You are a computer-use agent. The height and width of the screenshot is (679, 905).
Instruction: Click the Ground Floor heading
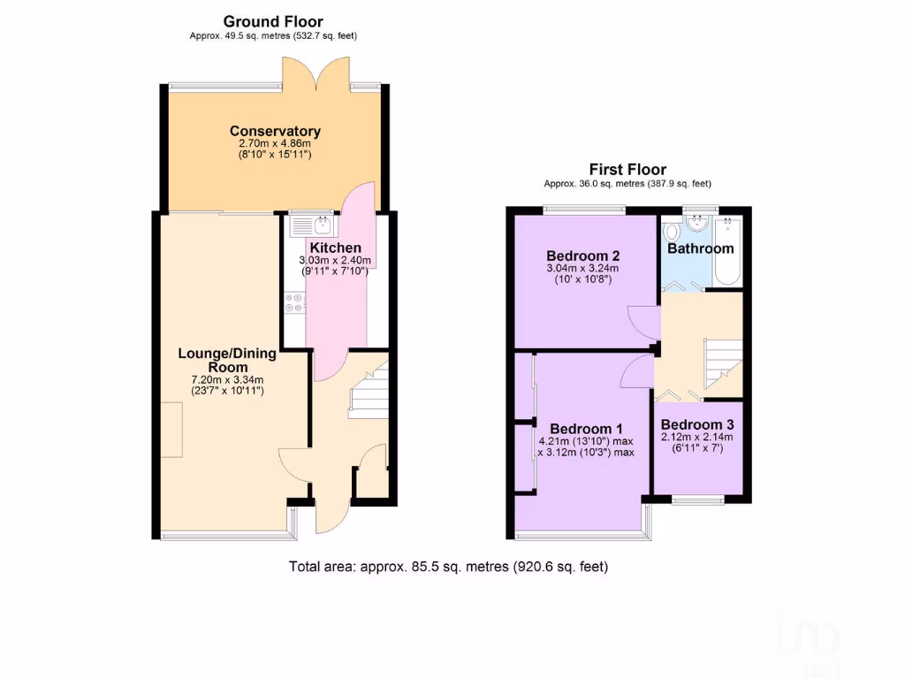(273, 21)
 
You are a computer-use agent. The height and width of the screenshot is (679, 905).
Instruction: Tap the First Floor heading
(627, 170)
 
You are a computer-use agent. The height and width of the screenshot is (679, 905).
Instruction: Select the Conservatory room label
(275, 131)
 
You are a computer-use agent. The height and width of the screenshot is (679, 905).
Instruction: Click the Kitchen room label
(335, 248)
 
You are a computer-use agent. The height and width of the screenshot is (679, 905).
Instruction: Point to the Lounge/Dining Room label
(227, 360)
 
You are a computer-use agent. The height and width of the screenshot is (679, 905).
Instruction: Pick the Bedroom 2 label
(583, 256)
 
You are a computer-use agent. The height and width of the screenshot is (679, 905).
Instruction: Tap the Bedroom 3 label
(697, 423)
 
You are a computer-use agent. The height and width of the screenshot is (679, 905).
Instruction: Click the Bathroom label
(700, 248)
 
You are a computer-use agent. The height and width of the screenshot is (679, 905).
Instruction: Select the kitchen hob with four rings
(294, 303)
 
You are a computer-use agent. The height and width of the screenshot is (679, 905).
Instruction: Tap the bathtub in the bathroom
(729, 251)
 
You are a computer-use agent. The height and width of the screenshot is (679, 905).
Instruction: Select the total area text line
(448, 567)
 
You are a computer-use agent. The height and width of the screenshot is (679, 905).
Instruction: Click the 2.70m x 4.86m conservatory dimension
(275, 143)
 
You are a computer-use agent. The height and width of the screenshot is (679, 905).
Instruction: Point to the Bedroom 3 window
(697, 500)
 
